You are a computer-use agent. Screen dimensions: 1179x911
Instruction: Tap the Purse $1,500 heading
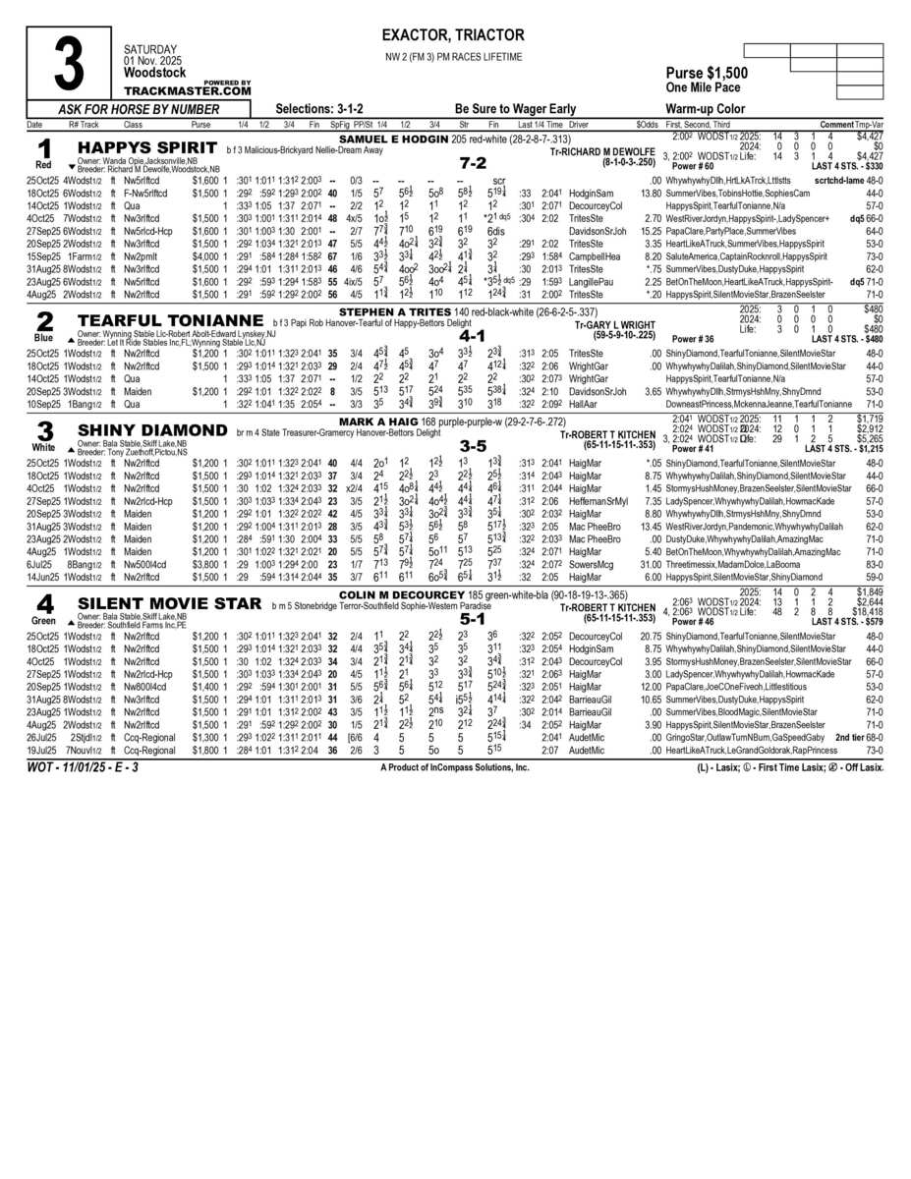706,74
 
